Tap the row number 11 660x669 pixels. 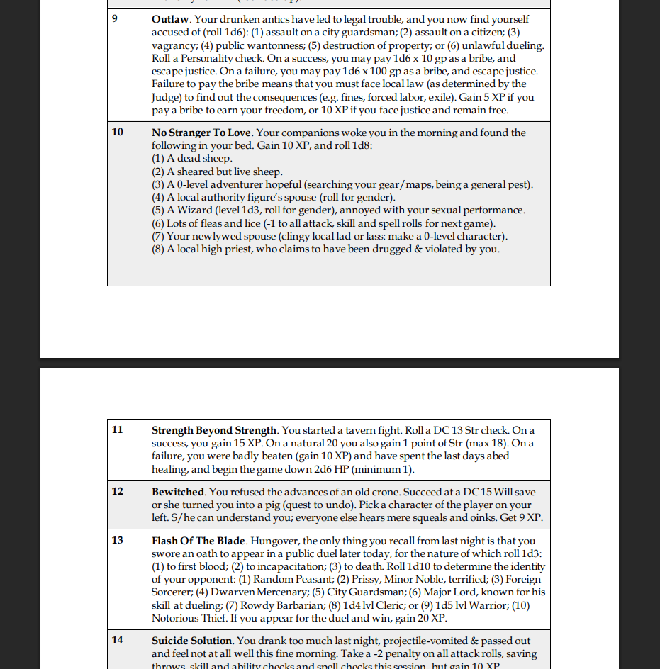pyautogui.click(x=117, y=430)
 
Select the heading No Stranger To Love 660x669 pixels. pyautogui.click(x=202, y=133)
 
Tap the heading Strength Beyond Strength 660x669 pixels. pyautogui.click(x=214, y=430)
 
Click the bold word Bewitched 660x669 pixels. pyautogui.click(x=178, y=492)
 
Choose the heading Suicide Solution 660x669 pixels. pyautogui.click(x=192, y=641)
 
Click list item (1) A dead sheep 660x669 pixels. pyautogui.click(x=192, y=159)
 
